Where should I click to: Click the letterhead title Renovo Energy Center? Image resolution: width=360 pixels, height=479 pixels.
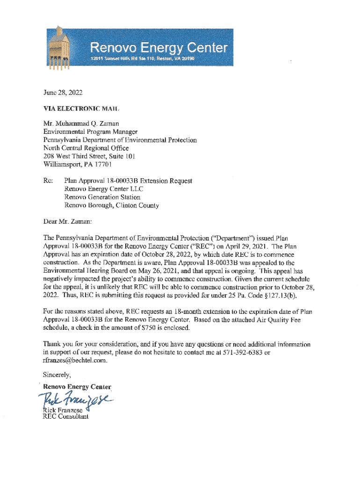point(158,48)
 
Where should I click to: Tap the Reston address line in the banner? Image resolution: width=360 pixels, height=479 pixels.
point(142,59)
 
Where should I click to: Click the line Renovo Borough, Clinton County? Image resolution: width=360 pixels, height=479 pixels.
point(111,205)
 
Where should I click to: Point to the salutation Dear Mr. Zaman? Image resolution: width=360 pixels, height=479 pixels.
point(68,221)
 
